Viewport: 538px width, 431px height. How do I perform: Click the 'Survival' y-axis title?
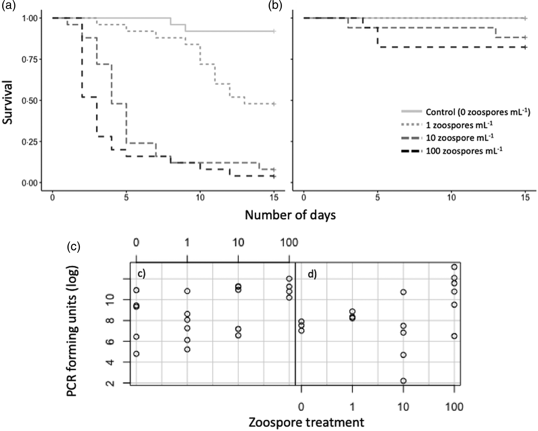click(8, 102)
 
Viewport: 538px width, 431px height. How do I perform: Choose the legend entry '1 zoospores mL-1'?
click(459, 125)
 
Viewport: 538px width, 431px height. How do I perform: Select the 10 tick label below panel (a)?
click(200, 198)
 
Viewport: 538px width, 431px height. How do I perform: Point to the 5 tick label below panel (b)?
click(378, 198)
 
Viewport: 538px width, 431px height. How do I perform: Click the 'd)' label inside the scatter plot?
click(312, 275)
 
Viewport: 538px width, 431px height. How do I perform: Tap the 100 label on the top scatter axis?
click(289, 243)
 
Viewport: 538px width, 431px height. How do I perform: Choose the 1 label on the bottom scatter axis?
click(352, 407)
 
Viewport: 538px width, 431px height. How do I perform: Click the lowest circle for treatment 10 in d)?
click(403, 381)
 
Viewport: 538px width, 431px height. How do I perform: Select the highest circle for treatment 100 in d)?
click(454, 267)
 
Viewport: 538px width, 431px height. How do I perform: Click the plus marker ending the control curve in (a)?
click(274, 31)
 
